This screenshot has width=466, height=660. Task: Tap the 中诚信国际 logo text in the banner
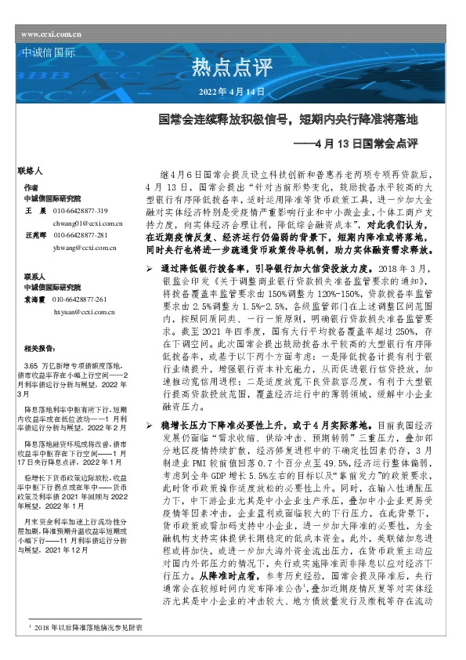click(x=45, y=54)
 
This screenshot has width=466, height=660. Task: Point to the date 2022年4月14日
click(x=233, y=92)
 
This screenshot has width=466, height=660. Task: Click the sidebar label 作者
click(x=31, y=188)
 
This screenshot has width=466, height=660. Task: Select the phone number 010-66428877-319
click(x=80, y=212)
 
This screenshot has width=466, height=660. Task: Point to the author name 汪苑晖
click(x=35, y=235)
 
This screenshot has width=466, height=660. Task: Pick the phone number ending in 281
click(x=80, y=235)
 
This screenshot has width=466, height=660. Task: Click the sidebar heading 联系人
click(x=34, y=277)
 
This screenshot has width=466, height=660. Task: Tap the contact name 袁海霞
click(x=35, y=299)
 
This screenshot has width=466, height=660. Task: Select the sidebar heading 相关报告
click(x=38, y=347)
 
